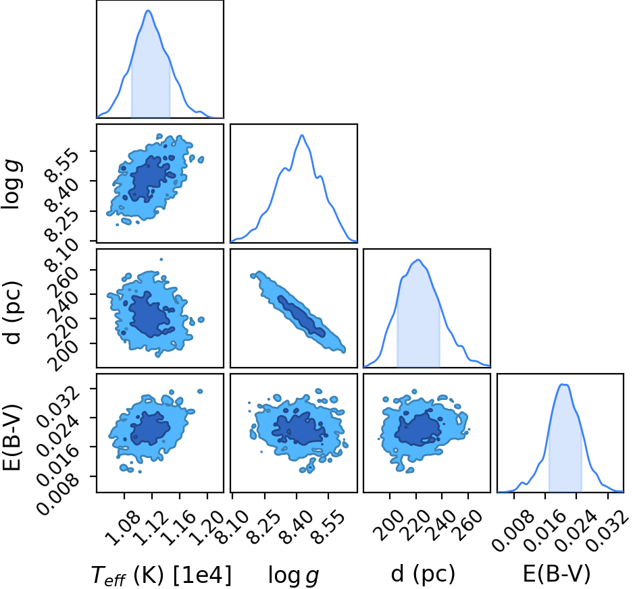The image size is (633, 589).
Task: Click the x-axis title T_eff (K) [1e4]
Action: [x=161, y=576]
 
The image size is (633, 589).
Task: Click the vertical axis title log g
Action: [x=11, y=184]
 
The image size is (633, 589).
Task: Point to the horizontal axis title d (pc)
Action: [x=423, y=573]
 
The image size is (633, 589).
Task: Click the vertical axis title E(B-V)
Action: [x=11, y=437]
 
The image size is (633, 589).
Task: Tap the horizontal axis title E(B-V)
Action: [x=556, y=573]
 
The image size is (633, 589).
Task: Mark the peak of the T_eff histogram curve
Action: [x=148, y=11]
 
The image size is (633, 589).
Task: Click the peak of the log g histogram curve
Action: [x=302, y=135]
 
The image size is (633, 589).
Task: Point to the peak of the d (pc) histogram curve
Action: [x=419, y=260]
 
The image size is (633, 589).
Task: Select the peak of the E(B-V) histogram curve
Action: [x=563, y=384]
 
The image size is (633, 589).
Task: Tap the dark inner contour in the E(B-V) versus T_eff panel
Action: [x=150, y=428]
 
